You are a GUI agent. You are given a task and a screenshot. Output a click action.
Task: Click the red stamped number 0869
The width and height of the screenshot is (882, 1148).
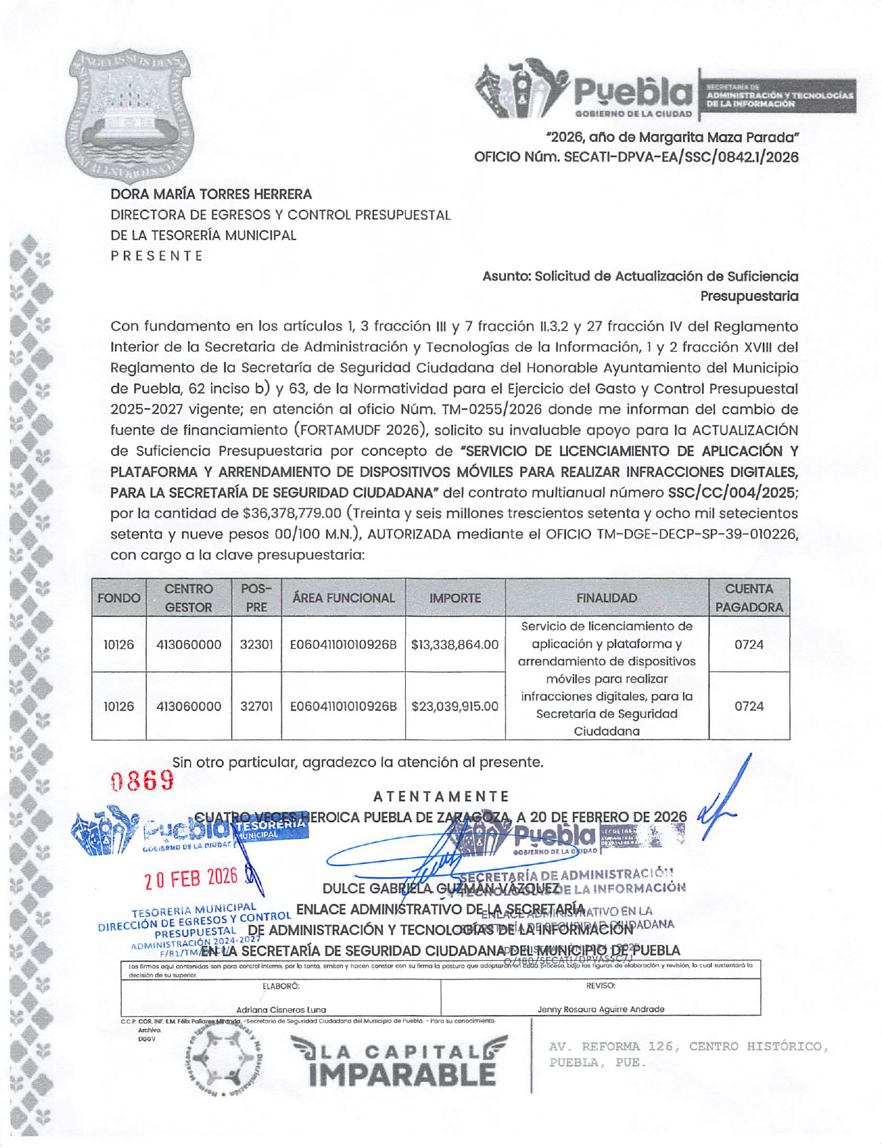143,780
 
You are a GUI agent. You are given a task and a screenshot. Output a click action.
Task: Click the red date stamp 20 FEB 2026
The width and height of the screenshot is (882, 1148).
191,879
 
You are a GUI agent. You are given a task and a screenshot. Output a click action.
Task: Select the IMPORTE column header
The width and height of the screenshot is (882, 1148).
455,598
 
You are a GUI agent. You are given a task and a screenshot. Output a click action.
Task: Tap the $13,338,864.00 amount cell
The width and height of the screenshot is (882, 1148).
455,645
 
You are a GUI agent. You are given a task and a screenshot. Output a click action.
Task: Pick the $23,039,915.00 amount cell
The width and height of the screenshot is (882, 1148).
455,706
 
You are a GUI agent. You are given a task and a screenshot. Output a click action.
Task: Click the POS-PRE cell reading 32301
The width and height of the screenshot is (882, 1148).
256,645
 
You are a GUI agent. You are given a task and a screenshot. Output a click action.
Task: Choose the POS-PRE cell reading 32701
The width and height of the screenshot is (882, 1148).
256,706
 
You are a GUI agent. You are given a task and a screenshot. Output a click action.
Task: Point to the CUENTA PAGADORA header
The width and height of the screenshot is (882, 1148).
749,598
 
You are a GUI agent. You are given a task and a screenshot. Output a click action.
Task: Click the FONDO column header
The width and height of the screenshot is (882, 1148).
119,598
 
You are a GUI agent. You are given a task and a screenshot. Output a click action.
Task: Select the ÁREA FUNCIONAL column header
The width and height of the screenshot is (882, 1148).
343,598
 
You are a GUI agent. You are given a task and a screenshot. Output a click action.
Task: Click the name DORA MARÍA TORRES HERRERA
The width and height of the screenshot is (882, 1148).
211,194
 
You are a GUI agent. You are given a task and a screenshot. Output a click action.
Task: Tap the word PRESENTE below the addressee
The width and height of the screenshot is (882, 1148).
157,255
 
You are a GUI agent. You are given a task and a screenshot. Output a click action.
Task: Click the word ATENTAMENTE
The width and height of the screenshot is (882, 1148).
441,796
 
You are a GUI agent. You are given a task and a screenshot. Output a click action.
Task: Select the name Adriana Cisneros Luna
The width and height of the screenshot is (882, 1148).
281,1009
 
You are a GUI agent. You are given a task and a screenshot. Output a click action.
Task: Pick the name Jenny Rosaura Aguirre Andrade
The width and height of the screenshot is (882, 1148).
600,1009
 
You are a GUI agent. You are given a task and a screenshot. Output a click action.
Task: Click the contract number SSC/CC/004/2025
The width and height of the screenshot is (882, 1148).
731,493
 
